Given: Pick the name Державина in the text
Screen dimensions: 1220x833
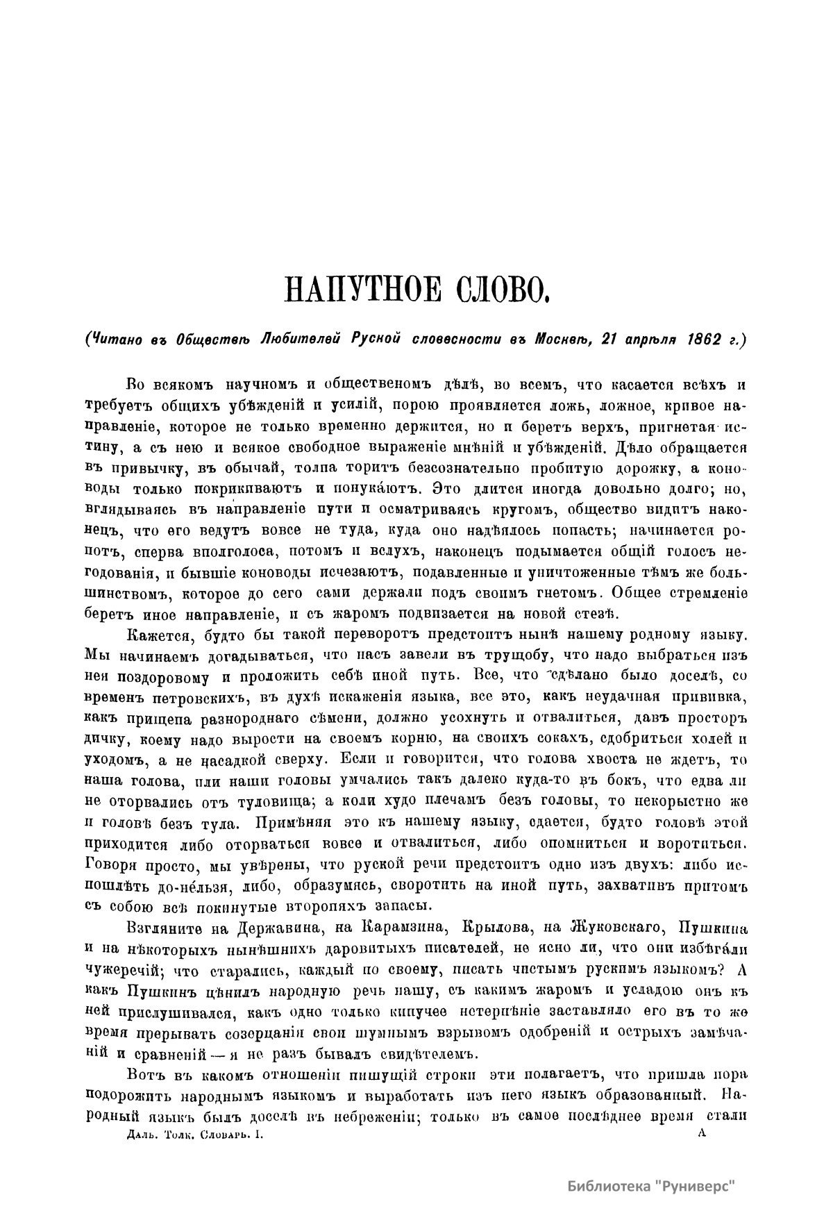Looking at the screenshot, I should tap(253, 928).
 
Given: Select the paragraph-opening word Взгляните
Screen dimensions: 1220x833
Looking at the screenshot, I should tap(161, 928).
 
